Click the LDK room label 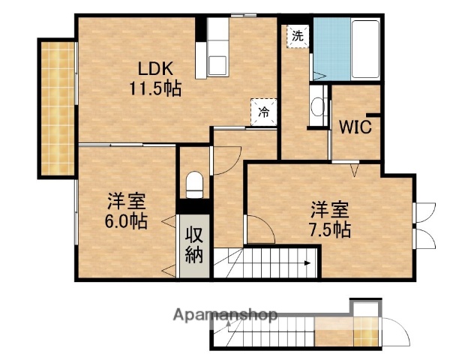(146, 70)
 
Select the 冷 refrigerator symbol (264, 111)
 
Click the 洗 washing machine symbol (298, 35)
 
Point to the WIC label (356, 127)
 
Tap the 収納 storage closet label (194, 244)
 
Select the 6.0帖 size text (125, 221)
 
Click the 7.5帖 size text (331, 229)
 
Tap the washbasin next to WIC (318, 108)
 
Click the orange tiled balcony (56, 109)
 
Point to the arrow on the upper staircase (306, 262)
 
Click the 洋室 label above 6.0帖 (125, 201)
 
